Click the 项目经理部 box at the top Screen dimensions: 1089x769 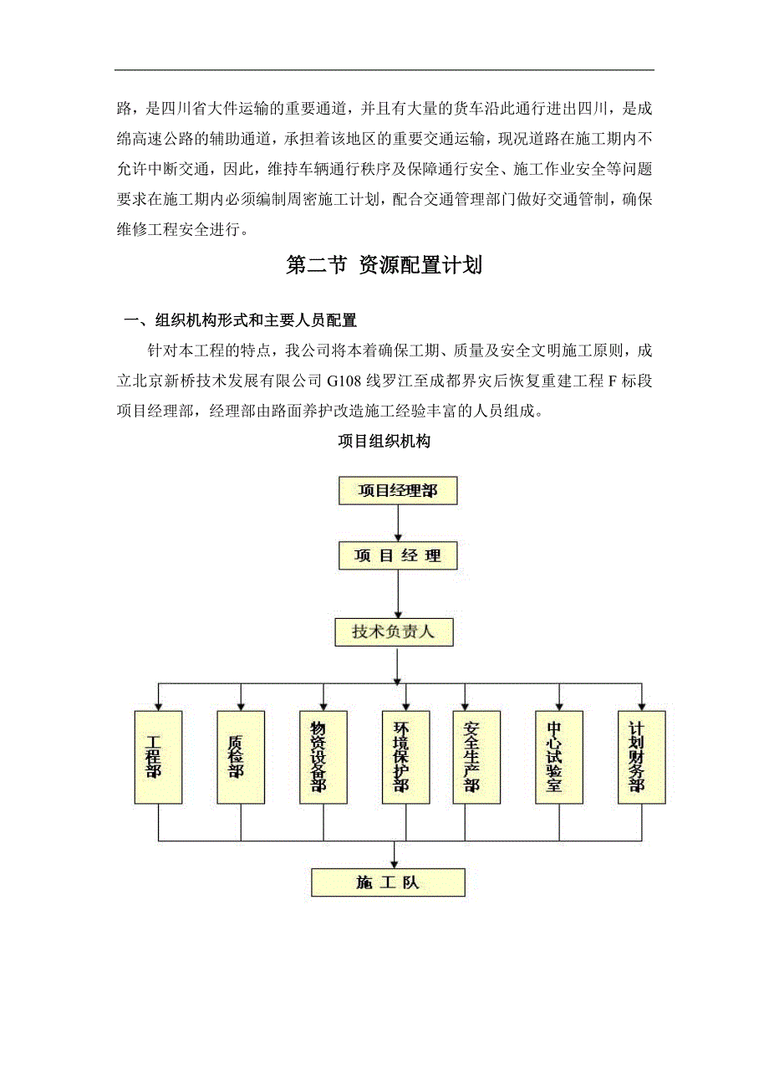399,490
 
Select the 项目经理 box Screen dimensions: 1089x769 399,555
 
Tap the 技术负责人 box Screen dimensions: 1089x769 394,631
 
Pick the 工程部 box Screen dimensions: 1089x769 158,757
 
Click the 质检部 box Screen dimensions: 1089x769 241,757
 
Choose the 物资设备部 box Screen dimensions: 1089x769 323,757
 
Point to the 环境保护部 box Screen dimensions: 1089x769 405,757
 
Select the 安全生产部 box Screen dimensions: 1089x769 476,757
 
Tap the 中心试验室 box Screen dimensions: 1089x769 559,757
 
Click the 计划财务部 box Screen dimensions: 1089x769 642,757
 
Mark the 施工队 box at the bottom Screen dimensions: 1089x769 388,882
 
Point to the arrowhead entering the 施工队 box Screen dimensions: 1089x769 395,862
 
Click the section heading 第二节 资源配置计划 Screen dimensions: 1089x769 384,266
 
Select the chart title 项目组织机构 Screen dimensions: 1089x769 384,442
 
